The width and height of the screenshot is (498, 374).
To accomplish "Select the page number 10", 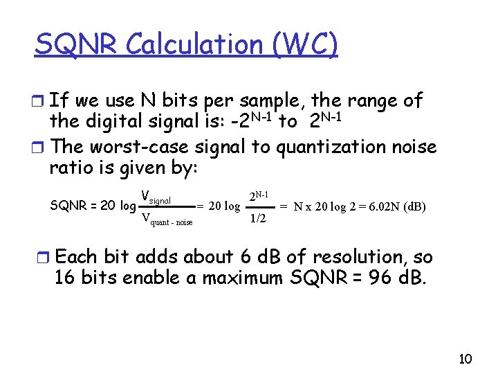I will pyautogui.click(x=465, y=358).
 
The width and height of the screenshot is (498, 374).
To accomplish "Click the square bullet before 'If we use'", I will pyautogui.click(x=41, y=103).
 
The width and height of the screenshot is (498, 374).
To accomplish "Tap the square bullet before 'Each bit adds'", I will pyautogui.click(x=45, y=258).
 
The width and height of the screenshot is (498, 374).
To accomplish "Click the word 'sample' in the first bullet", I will pyautogui.click(x=260, y=101).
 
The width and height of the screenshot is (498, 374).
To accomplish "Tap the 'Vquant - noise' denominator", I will pyautogui.click(x=166, y=220).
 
